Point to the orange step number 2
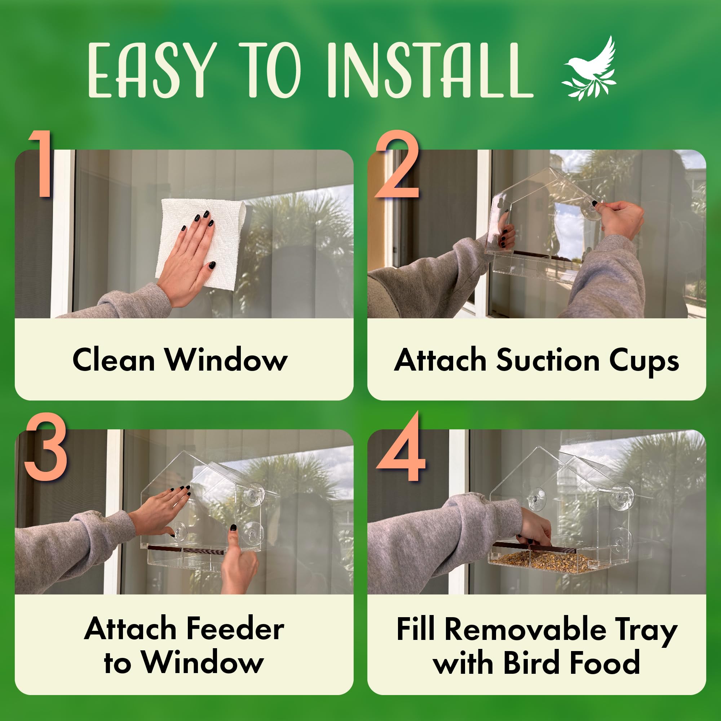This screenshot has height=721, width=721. pyautogui.click(x=397, y=164)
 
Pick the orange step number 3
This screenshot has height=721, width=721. pyautogui.click(x=45, y=446)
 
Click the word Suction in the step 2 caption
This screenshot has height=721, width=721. pyautogui.click(x=548, y=360)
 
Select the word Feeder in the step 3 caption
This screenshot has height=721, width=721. pyautogui.click(x=235, y=628)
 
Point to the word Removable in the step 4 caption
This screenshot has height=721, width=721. pyautogui.click(x=525, y=629)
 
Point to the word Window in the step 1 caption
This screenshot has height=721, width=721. pyautogui.click(x=226, y=360)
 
